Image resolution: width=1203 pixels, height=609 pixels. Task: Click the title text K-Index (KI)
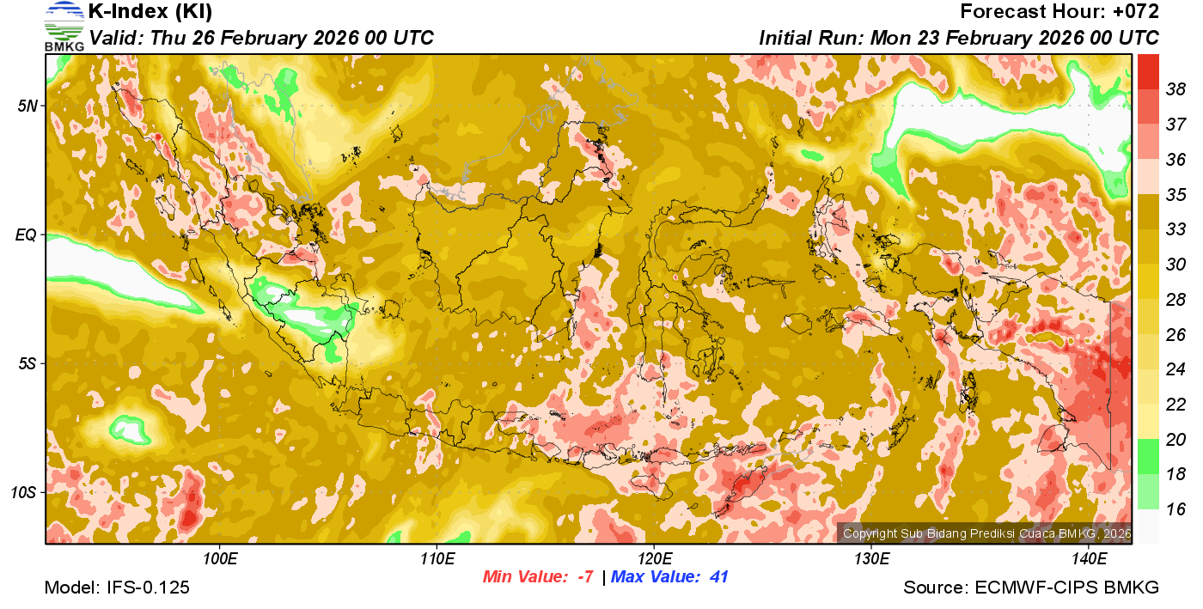(x=150, y=12)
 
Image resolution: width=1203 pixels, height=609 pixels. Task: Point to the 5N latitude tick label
(x=27, y=106)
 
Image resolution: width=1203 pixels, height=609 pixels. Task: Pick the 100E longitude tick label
(x=220, y=559)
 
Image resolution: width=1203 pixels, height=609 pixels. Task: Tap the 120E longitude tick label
(x=654, y=559)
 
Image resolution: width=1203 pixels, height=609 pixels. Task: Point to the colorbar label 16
(x=1176, y=509)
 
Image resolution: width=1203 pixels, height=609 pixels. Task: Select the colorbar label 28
(x=1176, y=299)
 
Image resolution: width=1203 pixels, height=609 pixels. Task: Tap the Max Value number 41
(x=718, y=577)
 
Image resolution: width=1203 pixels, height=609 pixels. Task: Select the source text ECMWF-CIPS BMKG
(x=1066, y=588)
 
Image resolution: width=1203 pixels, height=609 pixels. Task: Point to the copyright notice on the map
(x=986, y=533)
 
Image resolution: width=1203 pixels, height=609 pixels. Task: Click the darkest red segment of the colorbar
(x=1148, y=71)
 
